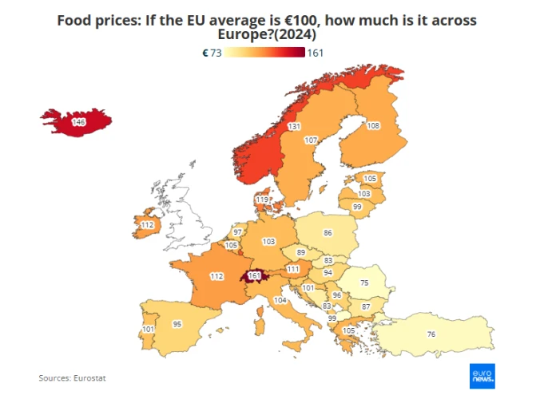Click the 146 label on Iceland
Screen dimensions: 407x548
[78, 122]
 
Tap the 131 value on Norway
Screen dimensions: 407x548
[294, 127]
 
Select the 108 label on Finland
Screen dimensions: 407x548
[373, 125]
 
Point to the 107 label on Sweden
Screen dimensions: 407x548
[312, 140]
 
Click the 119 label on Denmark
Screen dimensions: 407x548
[262, 200]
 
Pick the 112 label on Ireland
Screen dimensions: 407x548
[146, 225]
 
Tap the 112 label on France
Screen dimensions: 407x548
[216, 276]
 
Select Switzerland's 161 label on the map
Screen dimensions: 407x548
[255, 276]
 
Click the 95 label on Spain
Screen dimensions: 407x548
[177, 324]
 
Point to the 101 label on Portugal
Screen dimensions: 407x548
[148, 329]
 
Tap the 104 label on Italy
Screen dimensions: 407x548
[280, 300]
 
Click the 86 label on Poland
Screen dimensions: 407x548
[328, 233]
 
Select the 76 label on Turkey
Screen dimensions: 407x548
[431, 334]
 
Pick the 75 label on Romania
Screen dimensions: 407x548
[364, 283]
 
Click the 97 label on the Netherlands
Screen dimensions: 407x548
[237, 232]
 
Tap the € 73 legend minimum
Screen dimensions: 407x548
[212, 53]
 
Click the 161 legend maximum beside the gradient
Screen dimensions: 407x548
[315, 53]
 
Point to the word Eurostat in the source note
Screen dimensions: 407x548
[89, 377]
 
